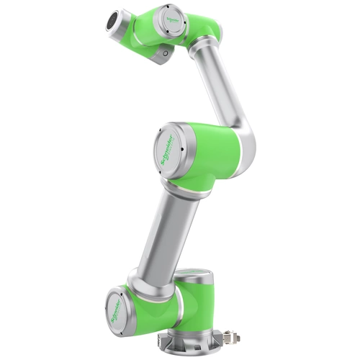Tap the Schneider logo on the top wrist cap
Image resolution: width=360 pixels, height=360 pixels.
click(170, 12)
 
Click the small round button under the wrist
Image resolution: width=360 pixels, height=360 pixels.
click(165, 53)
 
